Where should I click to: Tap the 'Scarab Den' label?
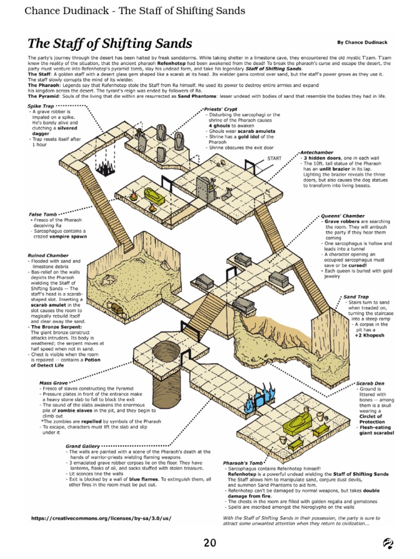[372, 383]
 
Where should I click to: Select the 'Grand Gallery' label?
[83, 446]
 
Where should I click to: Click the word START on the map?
[274, 158]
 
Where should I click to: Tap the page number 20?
[210, 543]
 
